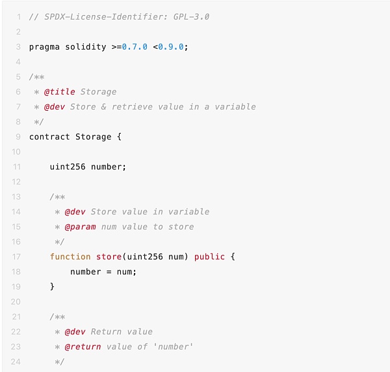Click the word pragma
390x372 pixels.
(44, 47)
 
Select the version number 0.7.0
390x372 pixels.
(135, 47)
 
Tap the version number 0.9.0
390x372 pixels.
(171, 47)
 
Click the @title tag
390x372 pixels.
(59, 92)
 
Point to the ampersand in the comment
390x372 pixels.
(104, 107)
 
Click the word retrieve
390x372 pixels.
(132, 107)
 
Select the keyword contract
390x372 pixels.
(49, 137)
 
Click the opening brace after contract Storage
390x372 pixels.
(119, 137)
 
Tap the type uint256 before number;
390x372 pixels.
(68, 167)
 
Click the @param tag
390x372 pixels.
(80, 227)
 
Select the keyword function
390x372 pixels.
(70, 257)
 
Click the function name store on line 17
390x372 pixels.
(109, 257)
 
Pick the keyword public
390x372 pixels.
(209, 257)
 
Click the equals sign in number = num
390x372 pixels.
(109, 272)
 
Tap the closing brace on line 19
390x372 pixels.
(52, 287)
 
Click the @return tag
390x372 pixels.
(83, 347)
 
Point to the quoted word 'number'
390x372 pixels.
(174, 347)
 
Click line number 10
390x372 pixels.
(16, 152)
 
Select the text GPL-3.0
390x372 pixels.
(191, 17)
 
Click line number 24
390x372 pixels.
(16, 362)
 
